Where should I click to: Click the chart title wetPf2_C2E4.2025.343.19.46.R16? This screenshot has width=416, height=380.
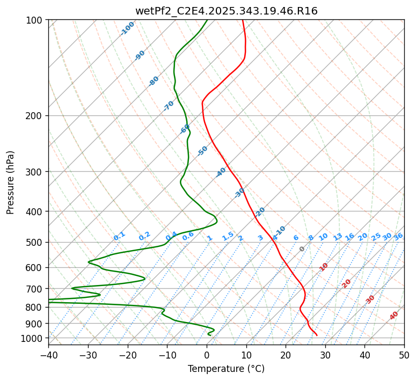coord(226,11)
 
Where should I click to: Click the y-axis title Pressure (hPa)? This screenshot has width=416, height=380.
coord(11,182)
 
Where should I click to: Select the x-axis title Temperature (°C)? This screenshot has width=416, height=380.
coord(226,369)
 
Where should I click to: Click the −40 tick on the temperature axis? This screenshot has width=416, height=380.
coord(48,355)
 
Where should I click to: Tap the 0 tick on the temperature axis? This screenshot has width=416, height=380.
coord(207,355)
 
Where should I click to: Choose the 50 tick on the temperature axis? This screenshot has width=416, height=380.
coord(404,355)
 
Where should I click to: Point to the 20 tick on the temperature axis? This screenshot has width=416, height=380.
coord(286,355)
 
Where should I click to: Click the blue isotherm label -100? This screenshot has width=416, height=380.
coord(127,28)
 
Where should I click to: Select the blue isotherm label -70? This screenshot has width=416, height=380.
coord(169,106)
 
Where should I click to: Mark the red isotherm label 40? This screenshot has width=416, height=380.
coord(394,316)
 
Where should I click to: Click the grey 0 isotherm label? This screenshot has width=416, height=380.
coord(302,249)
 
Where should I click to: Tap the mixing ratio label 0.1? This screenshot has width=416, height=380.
coord(119,236)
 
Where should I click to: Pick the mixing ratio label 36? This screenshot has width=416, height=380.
coord(398,236)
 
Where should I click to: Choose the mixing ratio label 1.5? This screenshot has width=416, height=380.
coord(228,236)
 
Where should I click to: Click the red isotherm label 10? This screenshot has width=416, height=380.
coord(324,267)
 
